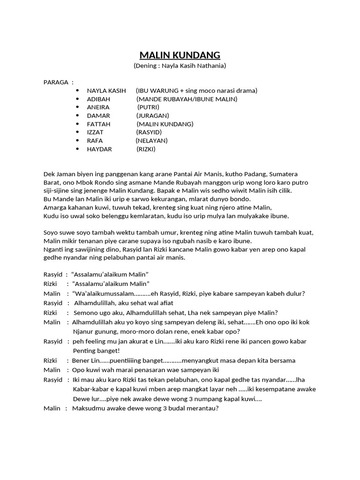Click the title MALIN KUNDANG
(x=180, y=55)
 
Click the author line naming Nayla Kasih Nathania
(x=180, y=66)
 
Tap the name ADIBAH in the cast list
(x=98, y=99)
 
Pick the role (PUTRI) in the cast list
(x=148, y=107)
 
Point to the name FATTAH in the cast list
(x=98, y=124)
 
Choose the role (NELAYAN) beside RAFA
(x=151, y=141)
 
